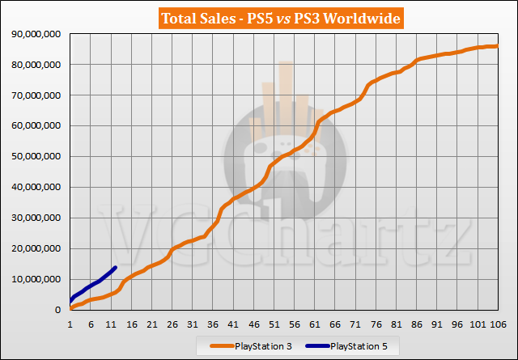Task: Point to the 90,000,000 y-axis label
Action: click(x=35, y=33)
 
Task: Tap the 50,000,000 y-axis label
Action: click(x=35, y=156)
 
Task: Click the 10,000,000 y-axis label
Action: click(x=35, y=279)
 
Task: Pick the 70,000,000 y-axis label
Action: click(x=35, y=95)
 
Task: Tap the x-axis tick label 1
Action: click(x=71, y=324)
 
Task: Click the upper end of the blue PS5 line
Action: click(x=116, y=267)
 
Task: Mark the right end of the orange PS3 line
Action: click(x=497, y=46)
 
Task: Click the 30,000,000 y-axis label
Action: click(x=35, y=218)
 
